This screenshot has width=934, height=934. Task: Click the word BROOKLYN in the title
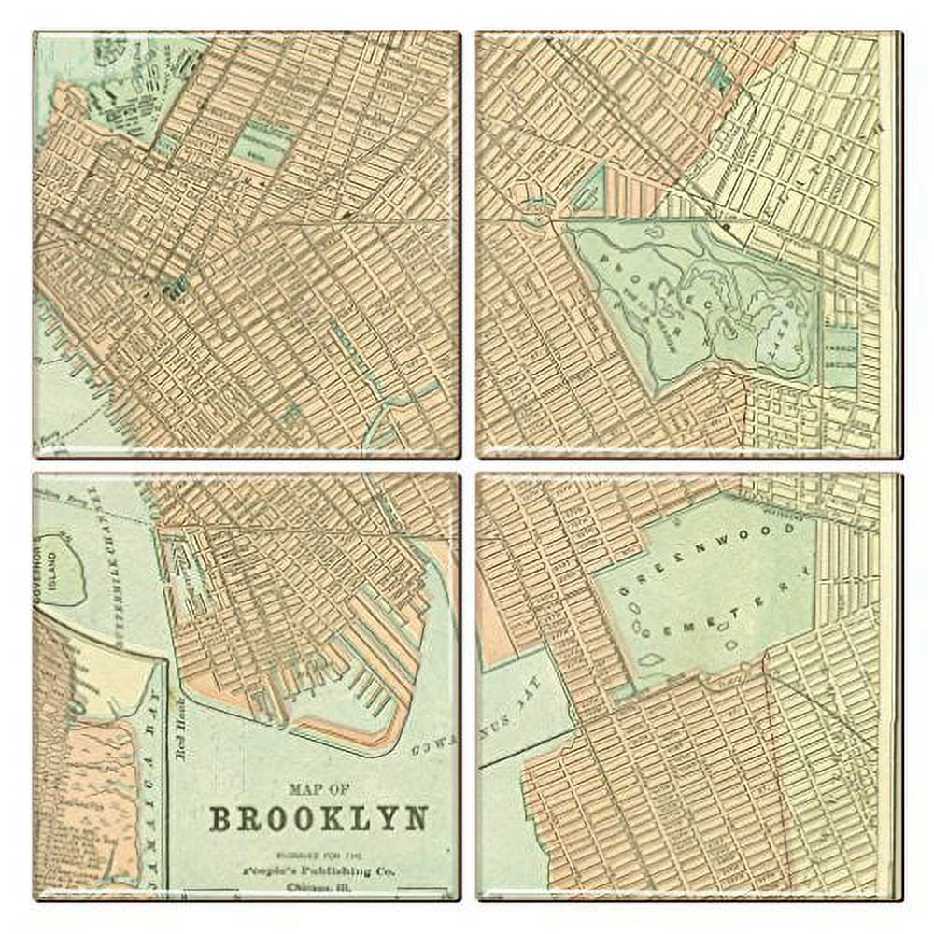[x=318, y=818]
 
